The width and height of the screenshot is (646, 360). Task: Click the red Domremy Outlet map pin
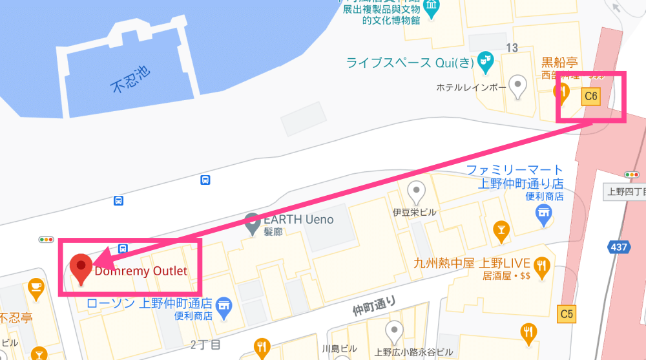point(81,268)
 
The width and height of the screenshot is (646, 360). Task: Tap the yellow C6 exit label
point(590,96)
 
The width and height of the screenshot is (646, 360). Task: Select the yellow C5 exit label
point(567,315)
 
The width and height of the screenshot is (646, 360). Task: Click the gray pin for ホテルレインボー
point(517,86)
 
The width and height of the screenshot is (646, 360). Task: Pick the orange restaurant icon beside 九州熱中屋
point(541,264)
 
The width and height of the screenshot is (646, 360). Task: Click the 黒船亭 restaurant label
point(559,63)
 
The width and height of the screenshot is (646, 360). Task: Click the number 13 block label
point(512,48)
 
